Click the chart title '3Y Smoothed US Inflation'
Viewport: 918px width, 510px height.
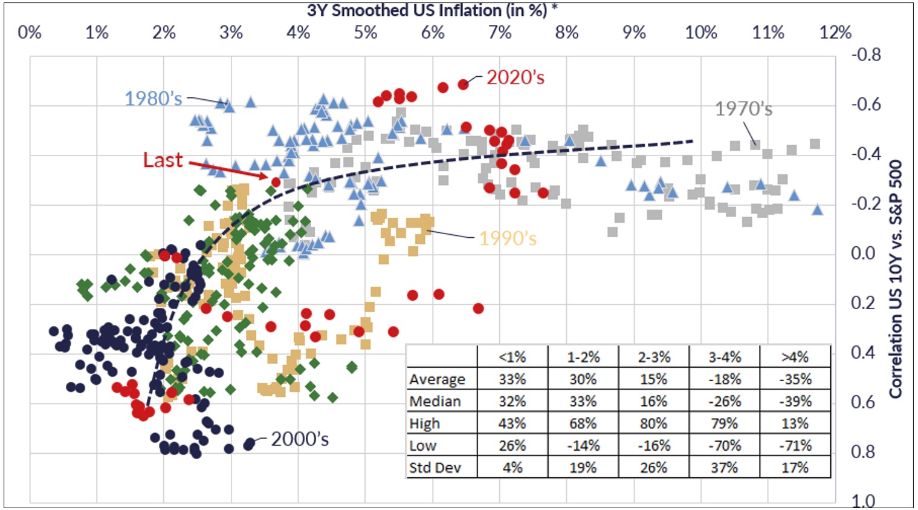[x=427, y=10]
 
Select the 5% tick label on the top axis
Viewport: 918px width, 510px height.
[x=366, y=32]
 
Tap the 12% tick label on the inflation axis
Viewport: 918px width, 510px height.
[x=835, y=32]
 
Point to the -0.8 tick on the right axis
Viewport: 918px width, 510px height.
[x=866, y=54]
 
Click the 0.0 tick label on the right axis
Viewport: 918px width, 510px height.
[x=863, y=253]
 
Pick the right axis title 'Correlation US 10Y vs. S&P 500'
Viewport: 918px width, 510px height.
[x=896, y=279]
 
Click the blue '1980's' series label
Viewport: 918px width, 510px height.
[x=153, y=99]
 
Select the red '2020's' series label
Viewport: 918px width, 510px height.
[x=515, y=77]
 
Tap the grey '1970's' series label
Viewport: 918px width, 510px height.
[x=743, y=109]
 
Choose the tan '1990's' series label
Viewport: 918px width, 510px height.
[x=508, y=238]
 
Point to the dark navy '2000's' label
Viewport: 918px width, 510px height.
[x=300, y=439]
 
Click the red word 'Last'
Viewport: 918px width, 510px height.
[x=163, y=160]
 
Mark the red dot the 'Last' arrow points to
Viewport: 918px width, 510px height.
[x=276, y=181]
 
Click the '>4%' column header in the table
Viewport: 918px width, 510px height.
[x=795, y=357]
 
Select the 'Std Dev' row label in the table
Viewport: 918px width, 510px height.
[x=435, y=468]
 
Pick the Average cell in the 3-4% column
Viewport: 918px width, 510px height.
[x=724, y=379]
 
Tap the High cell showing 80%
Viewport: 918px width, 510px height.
[x=653, y=423]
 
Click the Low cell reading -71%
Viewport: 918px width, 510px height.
[x=795, y=446]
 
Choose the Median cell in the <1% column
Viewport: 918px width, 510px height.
[x=512, y=401]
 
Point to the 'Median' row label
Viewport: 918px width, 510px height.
[x=435, y=401]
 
